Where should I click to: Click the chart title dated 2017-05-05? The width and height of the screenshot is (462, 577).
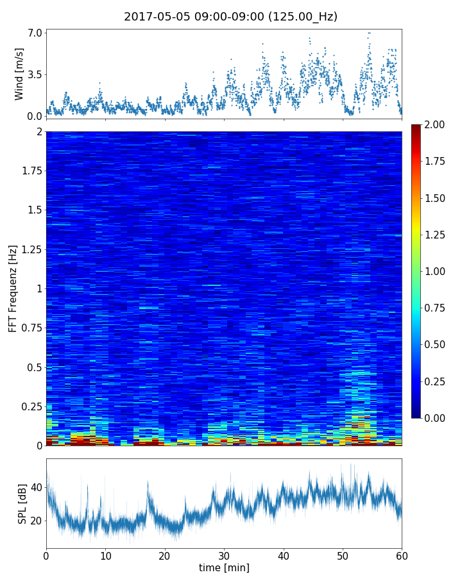pyautogui.click(x=230, y=17)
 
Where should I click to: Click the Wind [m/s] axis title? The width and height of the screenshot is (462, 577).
pyautogui.click(x=19, y=74)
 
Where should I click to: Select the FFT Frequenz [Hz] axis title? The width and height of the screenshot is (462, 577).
pyautogui.click(x=13, y=288)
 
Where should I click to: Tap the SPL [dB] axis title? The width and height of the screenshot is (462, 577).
pyautogui.click(x=22, y=503)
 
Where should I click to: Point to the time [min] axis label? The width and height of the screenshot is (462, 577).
pyautogui.click(x=224, y=567)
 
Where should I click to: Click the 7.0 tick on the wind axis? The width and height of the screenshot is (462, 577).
pyautogui.click(x=35, y=33)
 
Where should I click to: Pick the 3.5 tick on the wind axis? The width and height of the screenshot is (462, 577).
pyautogui.click(x=35, y=74)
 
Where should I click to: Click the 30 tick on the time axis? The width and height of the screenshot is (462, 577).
pyautogui.click(x=224, y=555)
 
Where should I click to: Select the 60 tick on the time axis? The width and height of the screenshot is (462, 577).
pyautogui.click(x=402, y=555)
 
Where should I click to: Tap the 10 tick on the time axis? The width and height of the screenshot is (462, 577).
pyautogui.click(x=105, y=555)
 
